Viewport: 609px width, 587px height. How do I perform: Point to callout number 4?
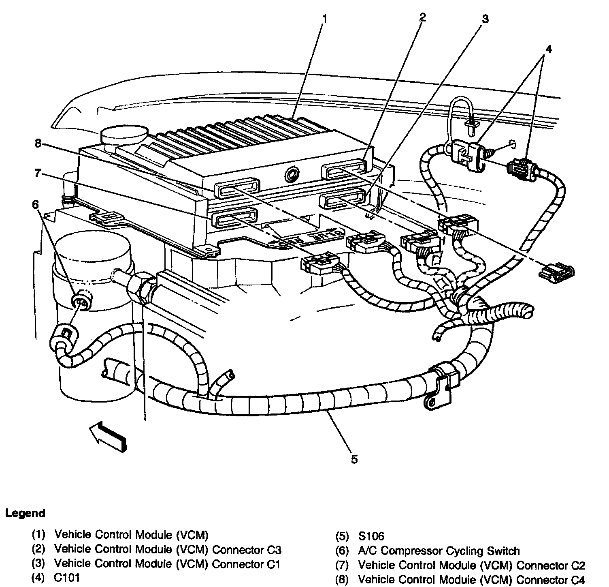click(548, 49)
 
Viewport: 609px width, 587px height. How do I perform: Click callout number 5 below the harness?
click(354, 459)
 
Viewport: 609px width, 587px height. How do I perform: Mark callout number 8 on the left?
click(38, 144)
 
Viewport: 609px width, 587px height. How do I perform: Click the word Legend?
click(25, 513)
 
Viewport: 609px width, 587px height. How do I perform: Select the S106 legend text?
click(370, 536)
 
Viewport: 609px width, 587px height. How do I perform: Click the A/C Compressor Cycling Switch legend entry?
click(439, 551)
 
